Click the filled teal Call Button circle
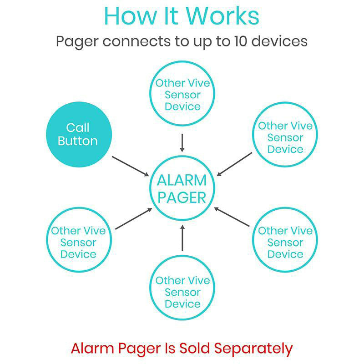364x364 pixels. pyautogui.click(x=78, y=134)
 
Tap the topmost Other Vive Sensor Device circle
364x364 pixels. pyautogui.click(x=182, y=95)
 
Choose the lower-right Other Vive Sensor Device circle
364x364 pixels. pyautogui.click(x=285, y=242)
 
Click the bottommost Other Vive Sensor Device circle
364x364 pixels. pyautogui.click(x=182, y=292)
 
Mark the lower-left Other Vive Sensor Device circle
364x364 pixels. pyautogui.click(x=78, y=242)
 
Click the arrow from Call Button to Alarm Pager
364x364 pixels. pyautogui.click(x=131, y=167)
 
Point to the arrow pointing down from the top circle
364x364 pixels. pyautogui.click(x=182, y=143)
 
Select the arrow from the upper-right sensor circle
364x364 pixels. pyautogui.click(x=234, y=164)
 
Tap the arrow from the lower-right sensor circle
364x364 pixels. pyautogui.click(x=232, y=217)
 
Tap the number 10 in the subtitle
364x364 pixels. pyautogui.click(x=243, y=41)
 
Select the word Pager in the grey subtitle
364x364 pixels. pyautogui.click(x=77, y=42)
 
